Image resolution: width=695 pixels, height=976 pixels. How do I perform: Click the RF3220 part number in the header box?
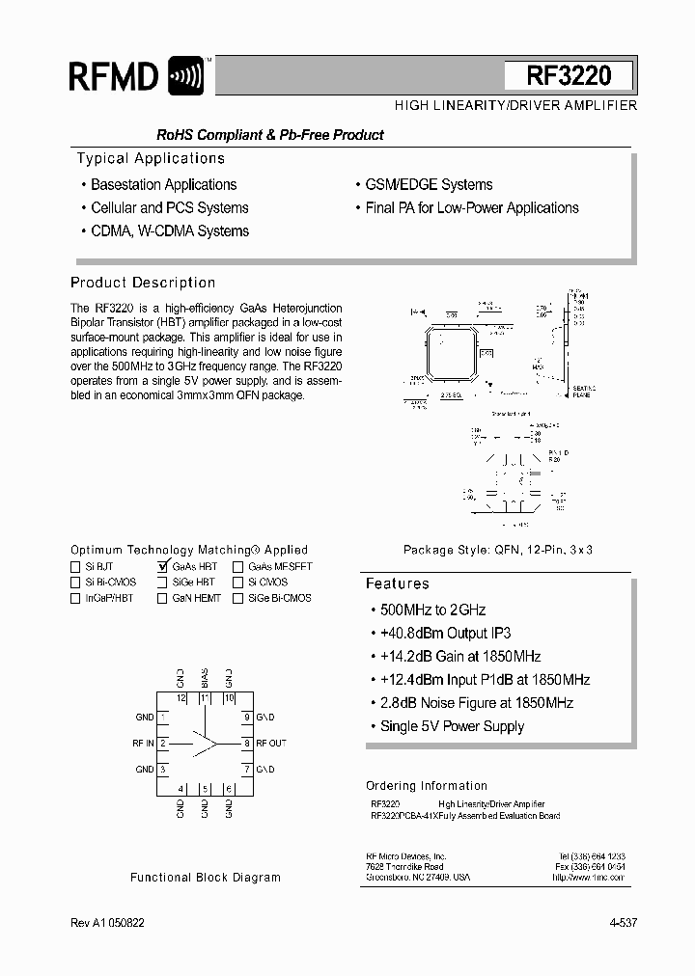pyautogui.click(x=569, y=76)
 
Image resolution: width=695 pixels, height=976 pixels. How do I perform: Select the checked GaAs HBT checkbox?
pyautogui.click(x=163, y=567)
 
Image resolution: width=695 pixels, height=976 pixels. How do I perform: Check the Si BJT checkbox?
pyautogui.click(x=75, y=567)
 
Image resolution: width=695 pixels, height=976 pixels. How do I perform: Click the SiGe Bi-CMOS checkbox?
pyautogui.click(x=237, y=598)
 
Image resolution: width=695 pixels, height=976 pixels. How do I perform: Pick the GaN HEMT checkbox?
pyautogui.click(x=163, y=598)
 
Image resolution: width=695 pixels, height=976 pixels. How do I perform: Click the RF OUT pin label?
pyautogui.click(x=271, y=744)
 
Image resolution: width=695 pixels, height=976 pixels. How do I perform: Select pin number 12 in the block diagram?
pyautogui.click(x=181, y=697)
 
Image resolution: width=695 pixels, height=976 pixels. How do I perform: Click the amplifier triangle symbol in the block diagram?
pyautogui.click(x=205, y=743)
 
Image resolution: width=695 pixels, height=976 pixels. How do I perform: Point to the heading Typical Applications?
pyautogui.click(x=151, y=159)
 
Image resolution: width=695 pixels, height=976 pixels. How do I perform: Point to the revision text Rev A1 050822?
pyautogui.click(x=107, y=923)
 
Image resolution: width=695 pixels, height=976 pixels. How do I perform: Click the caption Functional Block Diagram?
pyautogui.click(x=206, y=878)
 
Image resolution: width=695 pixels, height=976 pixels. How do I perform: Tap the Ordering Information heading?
pyautogui.click(x=427, y=786)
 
